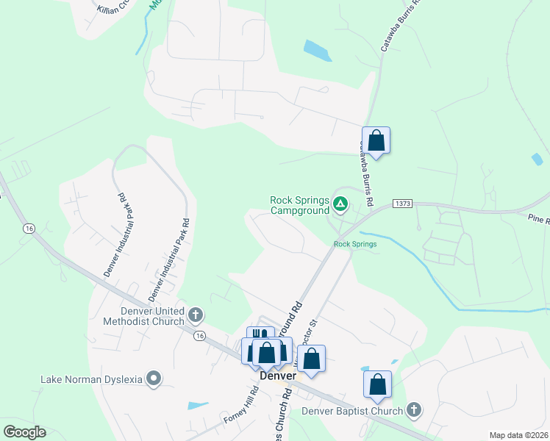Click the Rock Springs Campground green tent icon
click(340, 204)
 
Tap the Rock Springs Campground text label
click(299, 205)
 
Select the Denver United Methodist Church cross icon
click(196, 315)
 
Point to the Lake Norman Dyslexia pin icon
click(154, 379)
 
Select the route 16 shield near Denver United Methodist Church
click(200, 335)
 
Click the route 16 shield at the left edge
click(29, 229)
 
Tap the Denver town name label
click(278, 376)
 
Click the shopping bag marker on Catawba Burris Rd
click(376, 140)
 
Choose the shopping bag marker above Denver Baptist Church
click(377, 384)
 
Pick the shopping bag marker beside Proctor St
click(312, 359)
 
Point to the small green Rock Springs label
click(355, 244)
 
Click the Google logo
click(24, 431)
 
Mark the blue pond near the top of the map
click(317, 51)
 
